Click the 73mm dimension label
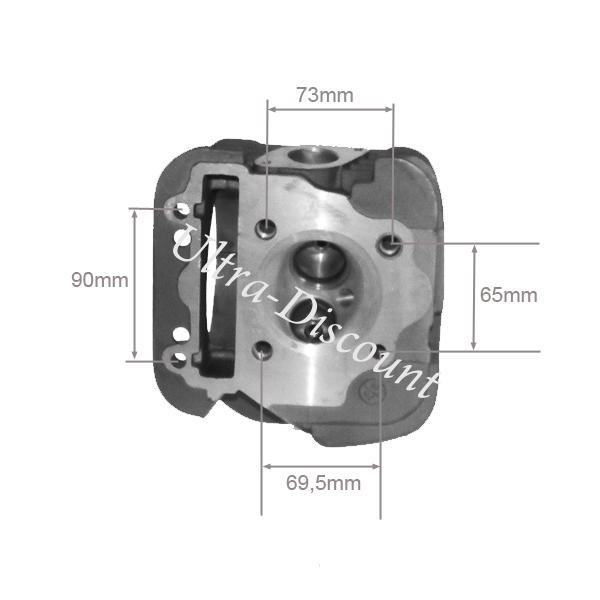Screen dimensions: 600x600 (x=325, y=95)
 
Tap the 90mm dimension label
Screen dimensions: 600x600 (x=99, y=280)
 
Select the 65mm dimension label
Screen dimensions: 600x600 (x=509, y=295)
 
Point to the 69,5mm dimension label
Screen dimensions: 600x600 (x=323, y=483)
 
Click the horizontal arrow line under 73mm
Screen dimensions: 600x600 (x=330, y=109)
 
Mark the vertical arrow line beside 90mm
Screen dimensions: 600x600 (x=134, y=284)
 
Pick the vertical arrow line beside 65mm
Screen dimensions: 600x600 (x=474, y=297)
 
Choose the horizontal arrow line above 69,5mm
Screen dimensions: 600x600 (x=321, y=466)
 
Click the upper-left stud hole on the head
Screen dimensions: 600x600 (x=266, y=227)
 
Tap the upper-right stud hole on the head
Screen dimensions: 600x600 (x=391, y=244)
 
